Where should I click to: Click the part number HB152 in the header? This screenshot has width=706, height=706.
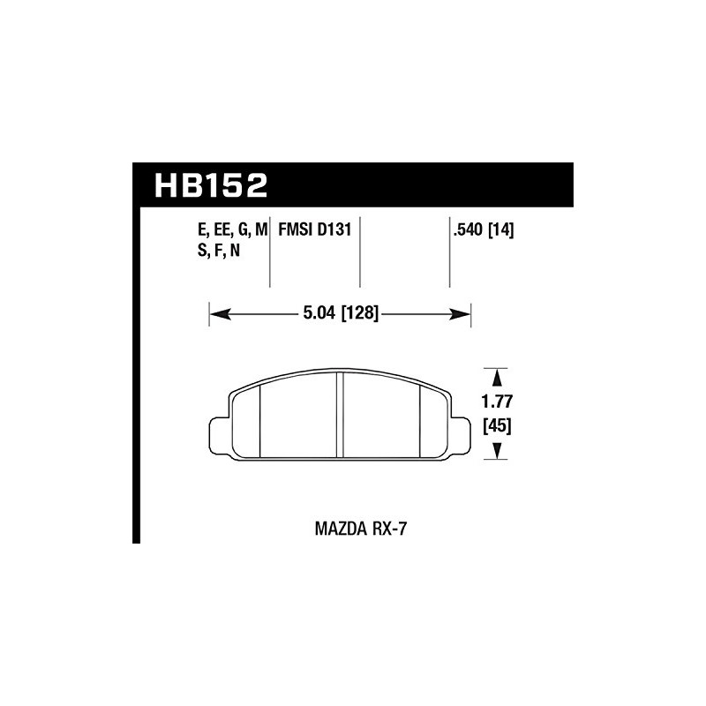(x=210, y=185)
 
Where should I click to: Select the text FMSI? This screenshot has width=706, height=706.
(x=297, y=230)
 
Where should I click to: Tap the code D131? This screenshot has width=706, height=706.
(x=336, y=230)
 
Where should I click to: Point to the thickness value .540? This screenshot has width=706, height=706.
(x=465, y=230)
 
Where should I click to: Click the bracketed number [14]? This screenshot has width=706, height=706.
(x=499, y=230)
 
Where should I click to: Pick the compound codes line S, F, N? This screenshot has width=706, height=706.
(x=220, y=250)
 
